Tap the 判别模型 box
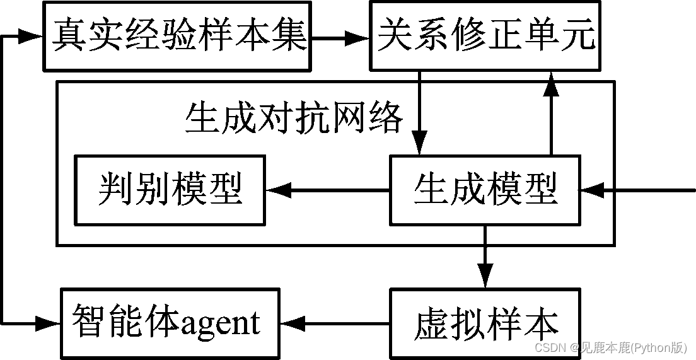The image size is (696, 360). pos(170,190)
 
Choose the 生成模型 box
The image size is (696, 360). pos(485,190)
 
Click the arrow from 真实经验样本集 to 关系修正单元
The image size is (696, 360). pos(340,38)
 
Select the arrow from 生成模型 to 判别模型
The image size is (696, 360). pos(327,190)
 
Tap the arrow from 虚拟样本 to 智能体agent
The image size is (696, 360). pos(334,323)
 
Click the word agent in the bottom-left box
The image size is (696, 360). pos(221,323)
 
